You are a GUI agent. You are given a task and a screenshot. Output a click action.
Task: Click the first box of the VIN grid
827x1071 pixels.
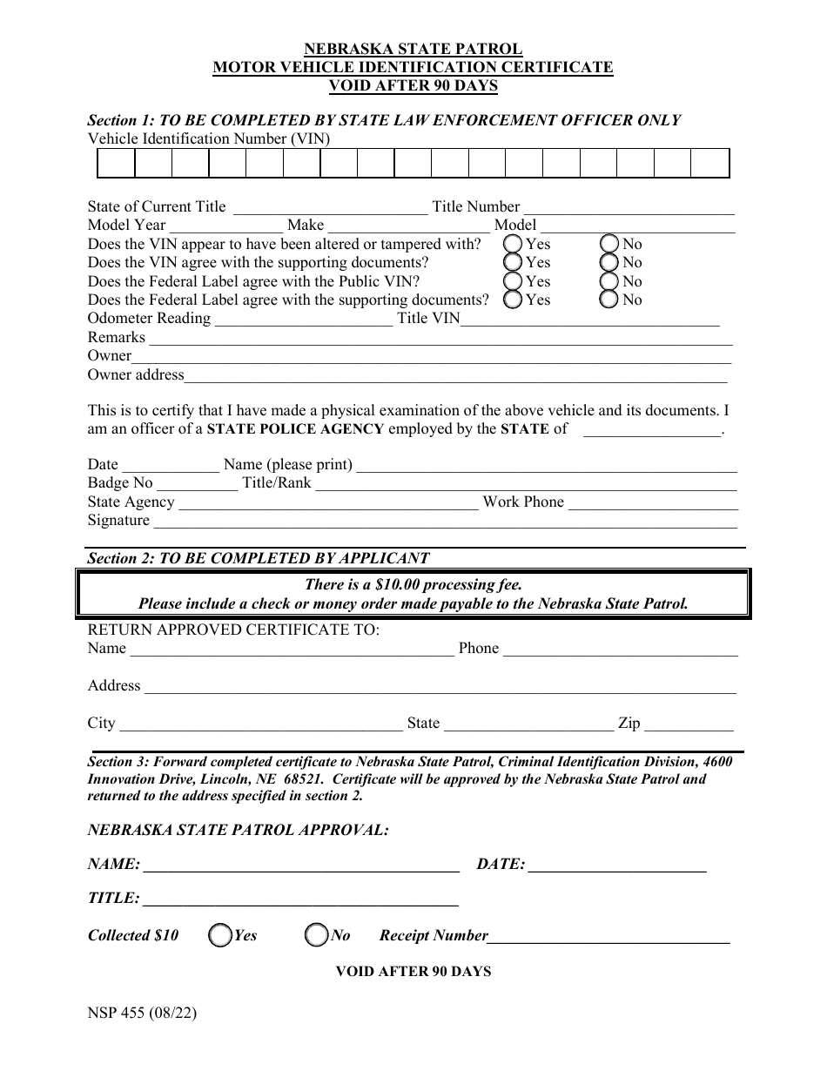tap(116, 164)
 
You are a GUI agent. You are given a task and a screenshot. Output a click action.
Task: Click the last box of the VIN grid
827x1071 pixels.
tap(710, 164)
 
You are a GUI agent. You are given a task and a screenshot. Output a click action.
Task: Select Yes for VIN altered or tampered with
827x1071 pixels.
tap(514, 244)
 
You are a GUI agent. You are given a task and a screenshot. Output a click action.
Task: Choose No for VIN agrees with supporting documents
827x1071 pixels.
tap(610, 262)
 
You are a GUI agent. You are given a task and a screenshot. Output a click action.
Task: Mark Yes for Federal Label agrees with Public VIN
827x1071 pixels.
tap(514, 281)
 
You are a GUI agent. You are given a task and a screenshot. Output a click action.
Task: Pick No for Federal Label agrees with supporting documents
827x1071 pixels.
tap(610, 300)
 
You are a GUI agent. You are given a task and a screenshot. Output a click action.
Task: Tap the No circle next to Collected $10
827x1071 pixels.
tap(316, 935)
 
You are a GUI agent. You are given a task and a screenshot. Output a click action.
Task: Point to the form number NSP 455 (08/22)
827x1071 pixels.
tap(136, 1014)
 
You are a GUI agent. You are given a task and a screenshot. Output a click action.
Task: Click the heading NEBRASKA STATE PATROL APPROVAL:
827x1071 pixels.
tap(238, 830)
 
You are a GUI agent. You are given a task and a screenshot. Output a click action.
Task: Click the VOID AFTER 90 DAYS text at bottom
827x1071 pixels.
tap(413, 971)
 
